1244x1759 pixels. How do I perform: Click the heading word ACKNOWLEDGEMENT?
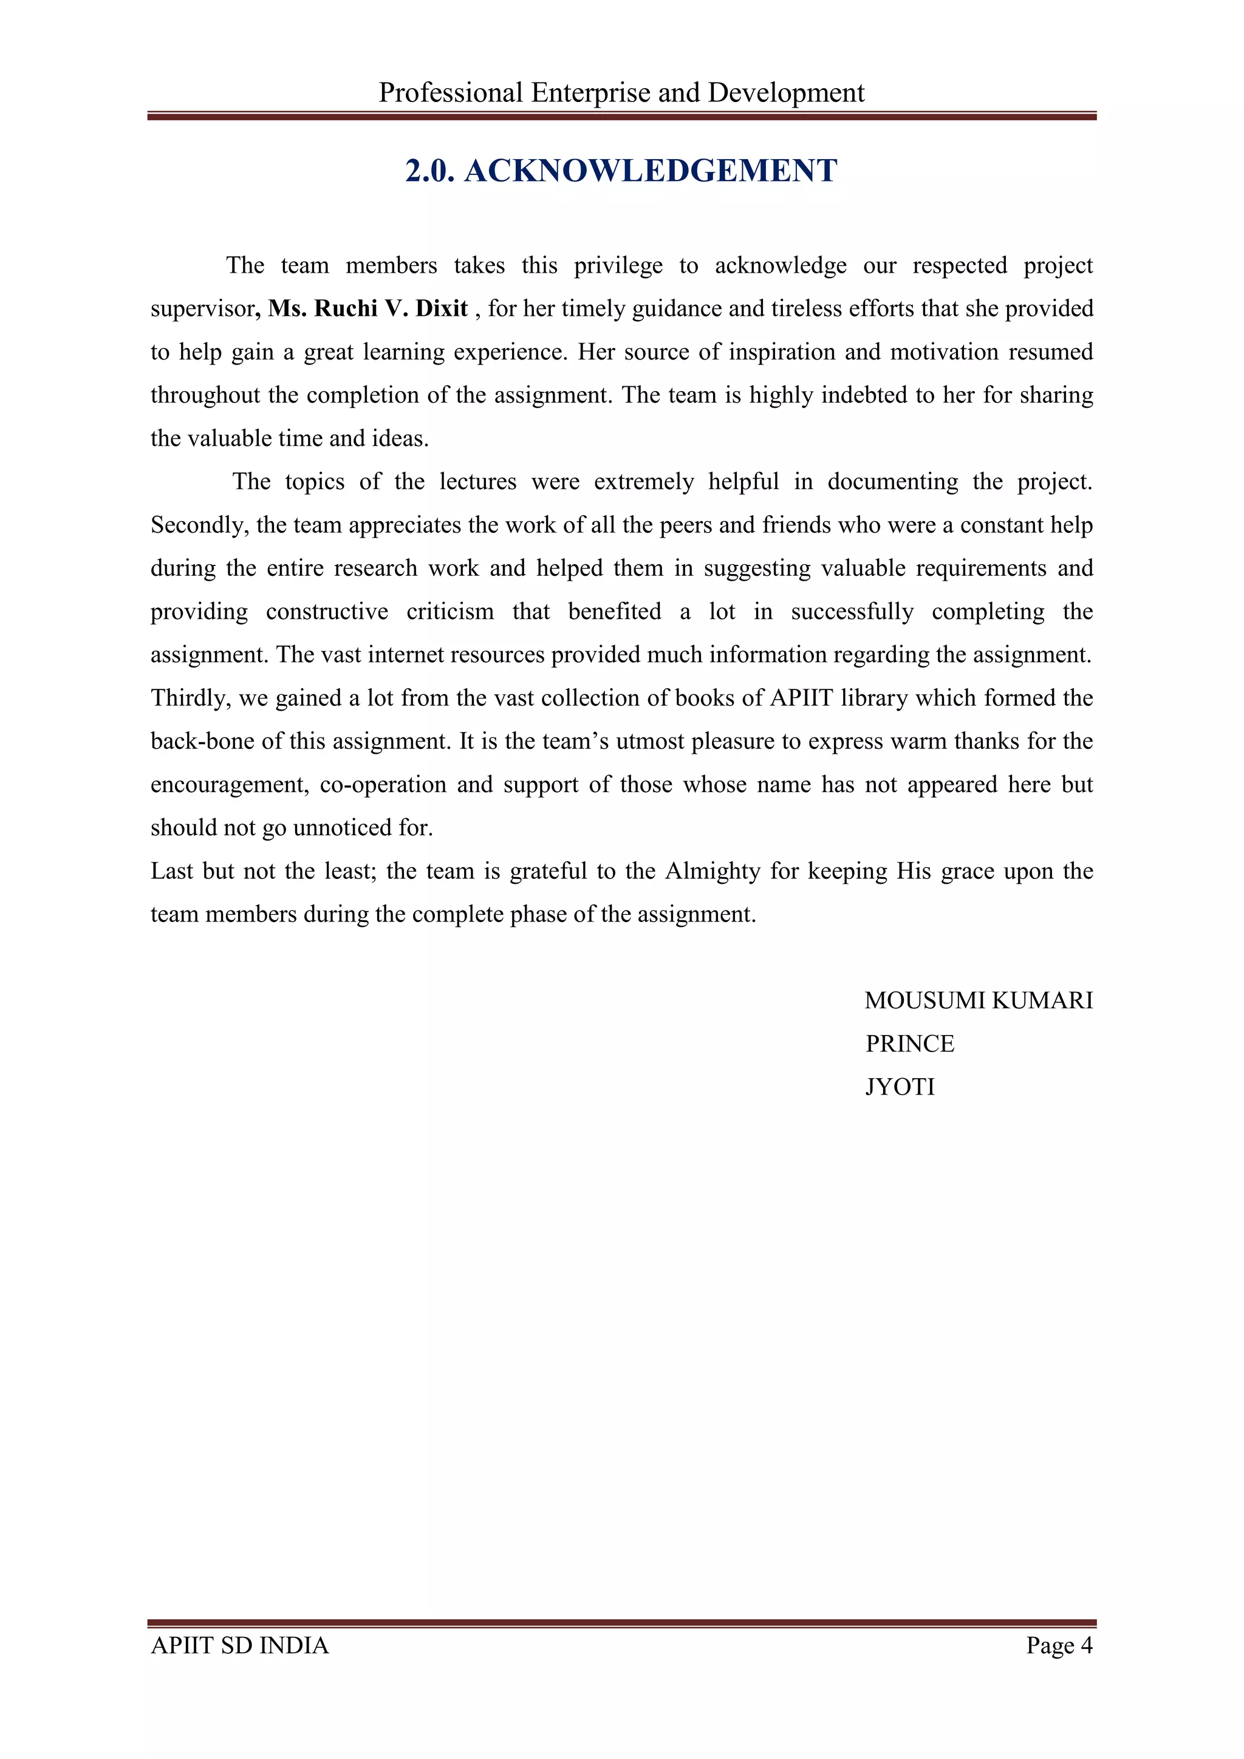651,171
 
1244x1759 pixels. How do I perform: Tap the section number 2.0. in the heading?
429,171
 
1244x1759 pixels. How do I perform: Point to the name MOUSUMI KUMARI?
978,1000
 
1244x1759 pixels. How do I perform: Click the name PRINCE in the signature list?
909,1043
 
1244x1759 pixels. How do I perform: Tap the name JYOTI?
900,1087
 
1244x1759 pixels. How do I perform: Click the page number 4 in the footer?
1086,1645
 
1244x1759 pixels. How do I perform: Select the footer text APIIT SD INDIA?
240,1645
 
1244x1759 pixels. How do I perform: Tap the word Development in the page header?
785,93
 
